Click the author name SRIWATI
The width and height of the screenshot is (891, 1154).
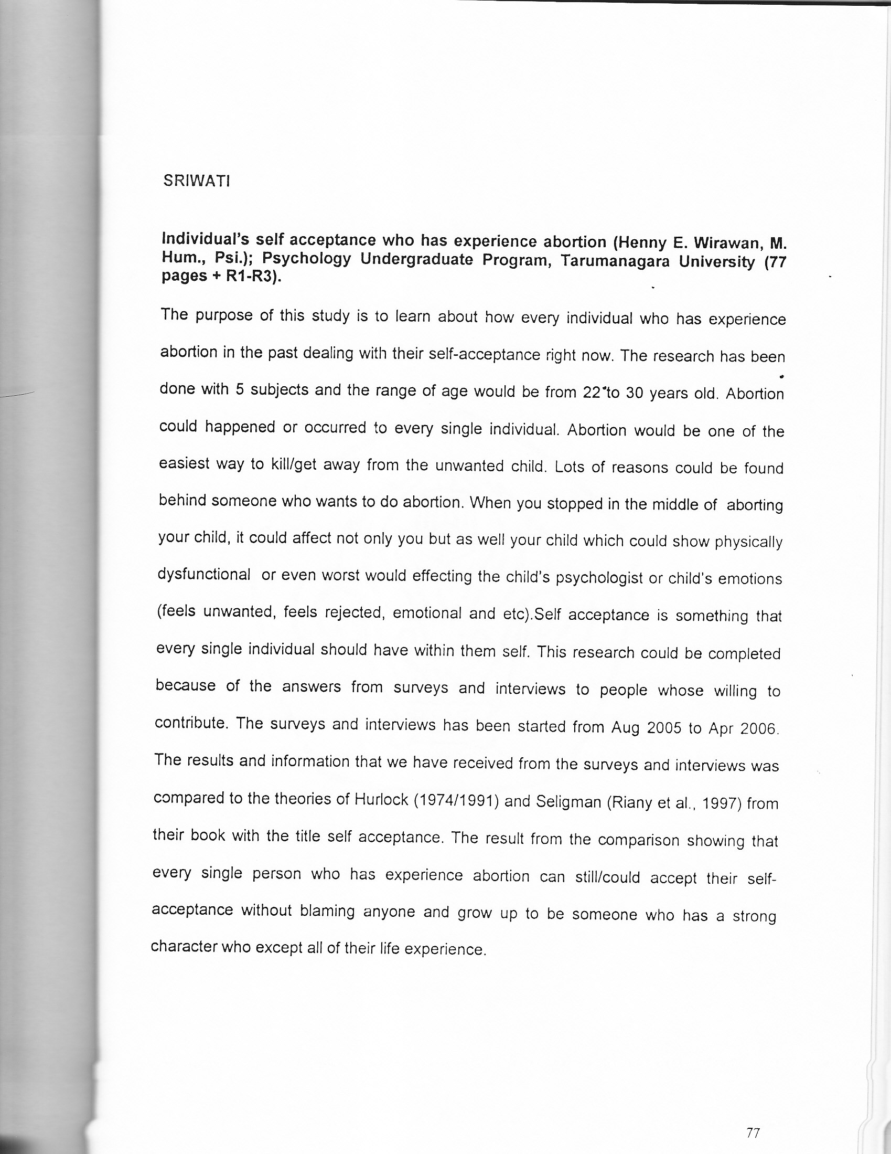coord(196,181)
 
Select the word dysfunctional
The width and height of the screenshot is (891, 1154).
coord(205,574)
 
